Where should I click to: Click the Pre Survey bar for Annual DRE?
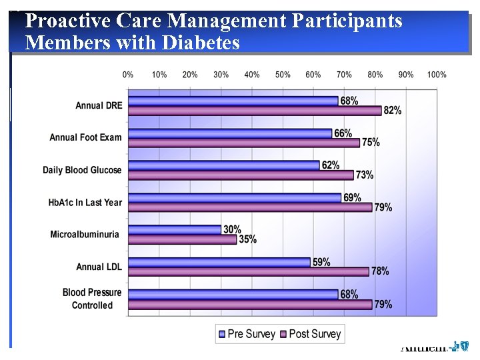point(233,101)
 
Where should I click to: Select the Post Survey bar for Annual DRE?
point(255,111)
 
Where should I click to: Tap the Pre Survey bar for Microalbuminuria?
point(175,229)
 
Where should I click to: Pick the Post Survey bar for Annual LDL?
point(248,271)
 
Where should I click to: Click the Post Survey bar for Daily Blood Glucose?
point(241,175)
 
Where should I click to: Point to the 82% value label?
point(393,111)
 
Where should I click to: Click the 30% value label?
point(232,229)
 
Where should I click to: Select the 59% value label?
point(321,262)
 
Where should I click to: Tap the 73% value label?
point(365,175)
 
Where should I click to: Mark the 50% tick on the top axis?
point(283,75)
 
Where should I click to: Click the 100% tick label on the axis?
point(437,75)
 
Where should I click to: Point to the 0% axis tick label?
point(129,75)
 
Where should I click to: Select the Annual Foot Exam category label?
point(85,137)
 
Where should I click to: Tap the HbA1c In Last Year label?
point(85,202)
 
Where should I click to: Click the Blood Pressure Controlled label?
point(92,299)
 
